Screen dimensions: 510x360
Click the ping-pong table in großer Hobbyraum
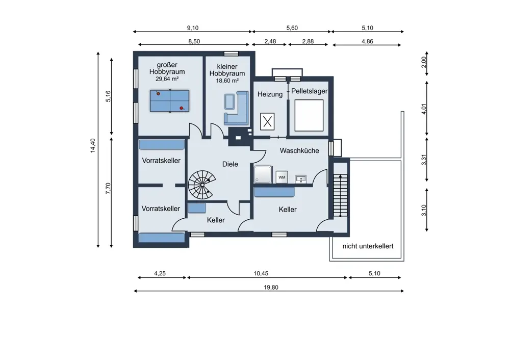tap(169, 101)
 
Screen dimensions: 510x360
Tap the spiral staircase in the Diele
tap(202, 185)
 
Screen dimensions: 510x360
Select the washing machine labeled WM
tap(282, 177)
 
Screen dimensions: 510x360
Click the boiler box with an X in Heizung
tap(267, 122)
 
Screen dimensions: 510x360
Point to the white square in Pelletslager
tap(309, 115)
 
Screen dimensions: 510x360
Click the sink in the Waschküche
tap(301, 179)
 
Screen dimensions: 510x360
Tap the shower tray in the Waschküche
tap(263, 174)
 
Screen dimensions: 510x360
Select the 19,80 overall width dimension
tap(271, 288)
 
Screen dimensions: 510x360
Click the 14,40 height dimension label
tap(93, 145)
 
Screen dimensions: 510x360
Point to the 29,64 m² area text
tap(167, 79)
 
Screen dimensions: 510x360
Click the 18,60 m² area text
tap(227, 81)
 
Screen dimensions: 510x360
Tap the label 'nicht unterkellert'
tap(368, 246)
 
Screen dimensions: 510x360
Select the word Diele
tap(230, 164)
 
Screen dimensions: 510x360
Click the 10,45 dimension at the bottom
tap(261, 273)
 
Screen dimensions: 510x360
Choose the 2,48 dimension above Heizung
tap(270, 41)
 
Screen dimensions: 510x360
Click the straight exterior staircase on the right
tap(341, 195)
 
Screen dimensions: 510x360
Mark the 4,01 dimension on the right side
tap(424, 109)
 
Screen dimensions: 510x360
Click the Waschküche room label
tap(299, 150)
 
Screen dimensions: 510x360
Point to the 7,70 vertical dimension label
tap(108, 188)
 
